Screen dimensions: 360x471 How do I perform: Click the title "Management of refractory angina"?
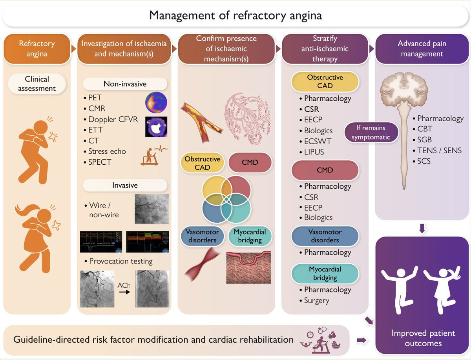[235, 16]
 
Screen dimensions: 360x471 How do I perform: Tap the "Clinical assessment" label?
[37, 84]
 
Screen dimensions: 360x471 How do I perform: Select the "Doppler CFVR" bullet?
[113, 119]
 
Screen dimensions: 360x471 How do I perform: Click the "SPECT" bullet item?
[100, 162]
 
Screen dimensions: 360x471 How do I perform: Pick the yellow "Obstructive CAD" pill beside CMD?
[203, 163]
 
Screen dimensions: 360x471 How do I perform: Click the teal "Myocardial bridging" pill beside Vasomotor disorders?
[250, 236]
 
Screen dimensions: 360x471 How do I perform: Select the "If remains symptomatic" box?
[371, 133]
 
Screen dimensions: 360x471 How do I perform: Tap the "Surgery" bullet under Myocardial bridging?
[316, 301]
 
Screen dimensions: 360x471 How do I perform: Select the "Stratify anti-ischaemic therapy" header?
[325, 49]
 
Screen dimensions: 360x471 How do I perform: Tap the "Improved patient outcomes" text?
[423, 338]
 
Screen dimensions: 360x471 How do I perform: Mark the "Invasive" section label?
[125, 185]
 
